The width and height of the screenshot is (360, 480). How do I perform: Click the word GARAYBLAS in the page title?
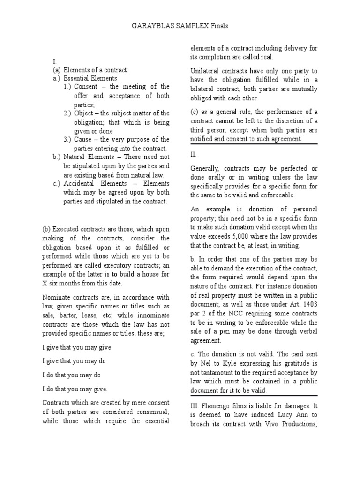pyautogui.click(x=148, y=26)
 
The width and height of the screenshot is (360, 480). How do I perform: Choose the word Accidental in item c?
pyautogui.click(x=82, y=184)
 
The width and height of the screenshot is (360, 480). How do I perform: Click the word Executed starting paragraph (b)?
pyautogui.click(x=67, y=229)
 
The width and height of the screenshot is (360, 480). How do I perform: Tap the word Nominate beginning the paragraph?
pyautogui.click(x=59, y=297)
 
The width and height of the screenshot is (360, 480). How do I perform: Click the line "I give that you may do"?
pyautogui.click(x=77, y=361)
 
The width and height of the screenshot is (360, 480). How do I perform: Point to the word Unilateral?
pyautogui.click(x=206, y=71)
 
